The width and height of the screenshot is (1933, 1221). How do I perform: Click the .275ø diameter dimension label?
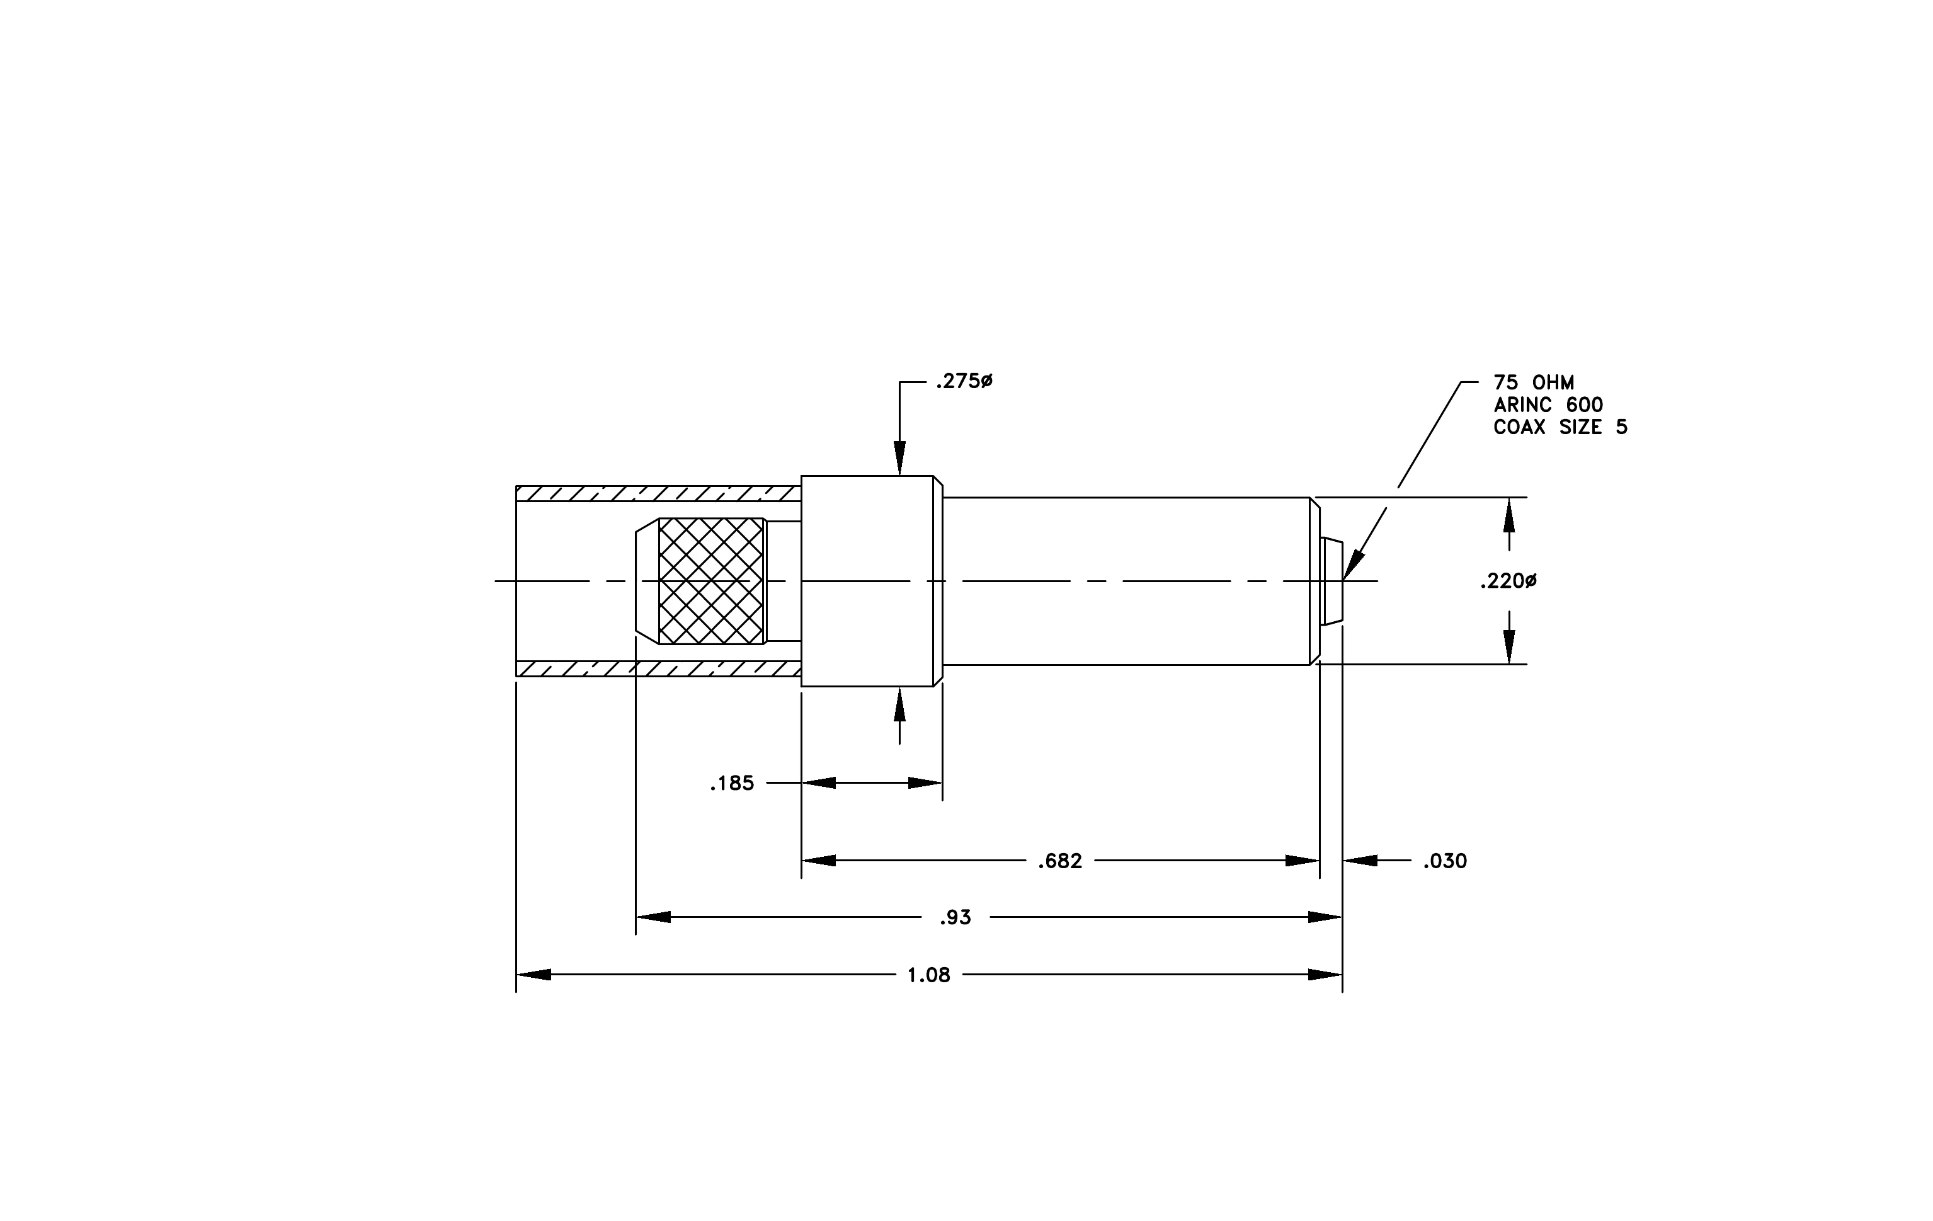[964, 382]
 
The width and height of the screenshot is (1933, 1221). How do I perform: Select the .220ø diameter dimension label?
[1508, 581]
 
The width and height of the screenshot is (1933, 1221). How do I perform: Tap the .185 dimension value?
[732, 784]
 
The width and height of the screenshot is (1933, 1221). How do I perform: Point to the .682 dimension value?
[1059, 861]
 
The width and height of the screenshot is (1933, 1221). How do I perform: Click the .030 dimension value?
[1445, 861]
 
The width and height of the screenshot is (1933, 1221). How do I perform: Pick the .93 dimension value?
[955, 917]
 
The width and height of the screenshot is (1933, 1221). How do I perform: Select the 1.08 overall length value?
[929, 975]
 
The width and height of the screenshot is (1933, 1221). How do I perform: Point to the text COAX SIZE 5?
[1561, 428]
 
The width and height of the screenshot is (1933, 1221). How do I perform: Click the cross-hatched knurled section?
[711, 581]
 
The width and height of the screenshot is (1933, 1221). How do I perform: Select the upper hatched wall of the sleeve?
[658, 494]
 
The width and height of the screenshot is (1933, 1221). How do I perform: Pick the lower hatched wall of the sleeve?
[658, 668]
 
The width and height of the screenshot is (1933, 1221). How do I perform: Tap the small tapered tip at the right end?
[1331, 581]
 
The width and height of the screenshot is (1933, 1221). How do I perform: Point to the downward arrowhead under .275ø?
[900, 459]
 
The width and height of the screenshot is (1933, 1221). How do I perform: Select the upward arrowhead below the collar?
[900, 705]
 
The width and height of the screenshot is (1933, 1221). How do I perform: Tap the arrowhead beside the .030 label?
[1360, 861]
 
